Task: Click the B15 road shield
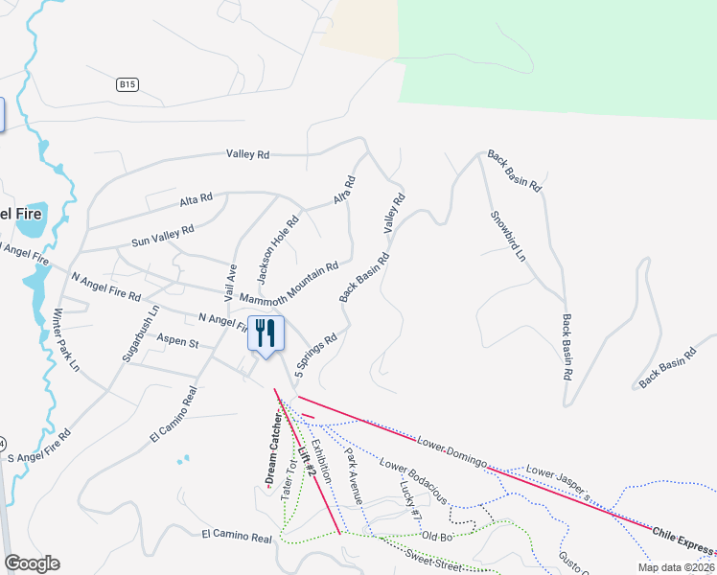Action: (128, 85)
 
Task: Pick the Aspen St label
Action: (176, 341)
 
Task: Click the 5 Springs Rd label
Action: (316, 353)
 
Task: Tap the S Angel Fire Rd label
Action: (39, 448)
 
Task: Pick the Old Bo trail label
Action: (436, 536)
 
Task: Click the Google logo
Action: (33, 563)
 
